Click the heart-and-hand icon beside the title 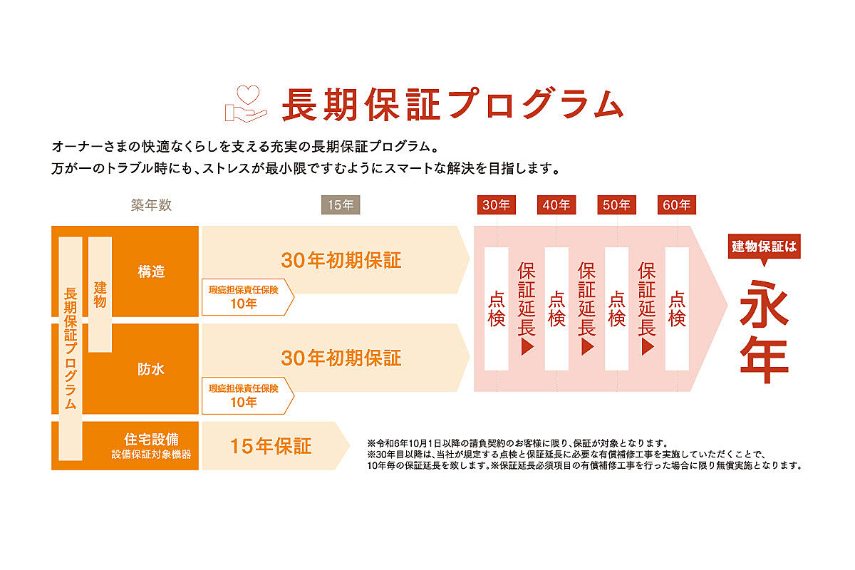click(x=246, y=103)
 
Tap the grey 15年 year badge click(x=341, y=205)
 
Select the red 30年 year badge click(x=496, y=205)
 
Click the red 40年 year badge click(x=556, y=205)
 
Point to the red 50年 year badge click(x=616, y=205)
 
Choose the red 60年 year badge click(x=677, y=205)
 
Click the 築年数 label click(x=151, y=205)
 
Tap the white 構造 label click(x=151, y=271)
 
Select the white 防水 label click(x=151, y=369)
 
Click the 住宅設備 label click(x=151, y=440)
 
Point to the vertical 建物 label click(x=100, y=294)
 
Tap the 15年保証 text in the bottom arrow click(x=271, y=446)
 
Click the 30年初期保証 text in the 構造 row click(x=341, y=260)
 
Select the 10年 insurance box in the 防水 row click(x=248, y=395)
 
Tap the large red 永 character click(x=764, y=304)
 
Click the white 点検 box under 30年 click(x=496, y=309)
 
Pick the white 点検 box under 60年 click(x=677, y=309)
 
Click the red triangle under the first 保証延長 click(x=527, y=347)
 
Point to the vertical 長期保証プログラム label click(x=71, y=348)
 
